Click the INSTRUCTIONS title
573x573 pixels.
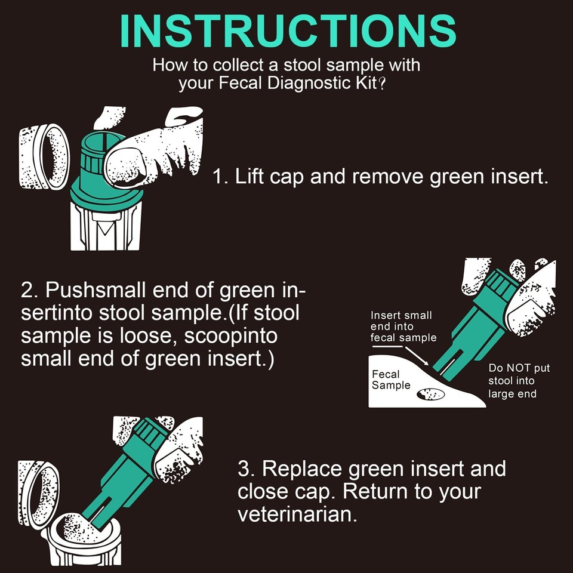pyautogui.click(x=288, y=32)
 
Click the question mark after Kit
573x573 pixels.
pyautogui.click(x=381, y=84)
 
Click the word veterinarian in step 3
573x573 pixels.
pyautogui.click(x=297, y=515)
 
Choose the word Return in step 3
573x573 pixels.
pyautogui.click(x=375, y=491)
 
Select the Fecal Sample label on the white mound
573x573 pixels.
pyautogui.click(x=391, y=380)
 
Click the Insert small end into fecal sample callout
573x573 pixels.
pyautogui.click(x=403, y=326)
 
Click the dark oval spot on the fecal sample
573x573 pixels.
pyautogui.click(x=431, y=394)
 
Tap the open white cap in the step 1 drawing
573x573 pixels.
pyautogui.click(x=44, y=157)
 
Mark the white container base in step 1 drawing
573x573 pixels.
pyautogui.click(x=105, y=227)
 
